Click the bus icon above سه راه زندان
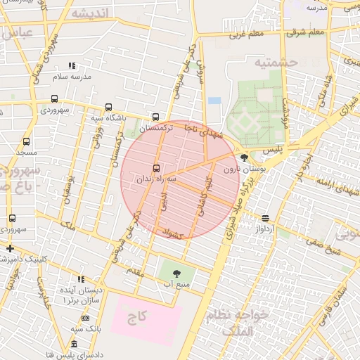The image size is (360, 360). [155, 168]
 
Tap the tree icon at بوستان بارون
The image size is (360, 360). [244, 157]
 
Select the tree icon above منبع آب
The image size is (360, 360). [176, 271]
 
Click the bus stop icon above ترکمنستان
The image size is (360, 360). [155, 117]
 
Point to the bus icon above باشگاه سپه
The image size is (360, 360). [108, 107]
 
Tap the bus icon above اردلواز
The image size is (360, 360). [264, 218]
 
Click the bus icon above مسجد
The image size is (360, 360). [26, 141]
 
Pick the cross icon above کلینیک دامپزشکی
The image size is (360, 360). [10, 248]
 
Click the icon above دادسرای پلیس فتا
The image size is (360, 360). [75, 343]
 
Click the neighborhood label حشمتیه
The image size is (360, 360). [276, 63]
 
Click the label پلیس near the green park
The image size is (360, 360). [272, 151]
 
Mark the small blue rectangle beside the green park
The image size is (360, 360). [214, 100]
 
